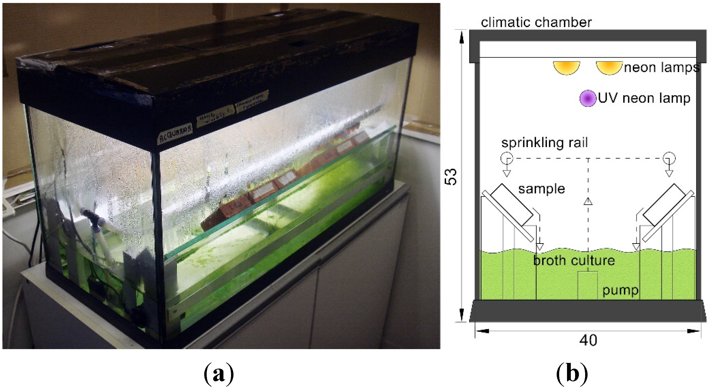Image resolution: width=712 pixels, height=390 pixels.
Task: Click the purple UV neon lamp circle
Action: click(x=587, y=98)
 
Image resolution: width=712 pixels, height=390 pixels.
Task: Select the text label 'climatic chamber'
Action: click(x=536, y=22)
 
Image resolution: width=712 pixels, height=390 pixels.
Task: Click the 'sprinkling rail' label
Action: click(x=544, y=143)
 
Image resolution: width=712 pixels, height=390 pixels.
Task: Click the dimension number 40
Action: click(x=588, y=340)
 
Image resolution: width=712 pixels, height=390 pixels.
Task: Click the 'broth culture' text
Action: click(x=574, y=261)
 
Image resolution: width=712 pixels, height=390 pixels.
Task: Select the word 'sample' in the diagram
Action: click(x=542, y=189)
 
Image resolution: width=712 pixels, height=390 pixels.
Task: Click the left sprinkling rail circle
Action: click(x=507, y=159)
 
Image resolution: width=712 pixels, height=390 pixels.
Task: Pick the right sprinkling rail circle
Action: click(x=669, y=159)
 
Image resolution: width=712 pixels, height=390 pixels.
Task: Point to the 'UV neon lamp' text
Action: click(x=644, y=98)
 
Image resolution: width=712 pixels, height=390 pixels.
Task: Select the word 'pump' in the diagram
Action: click(x=620, y=290)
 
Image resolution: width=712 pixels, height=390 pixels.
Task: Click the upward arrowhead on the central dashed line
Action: click(x=588, y=201)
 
